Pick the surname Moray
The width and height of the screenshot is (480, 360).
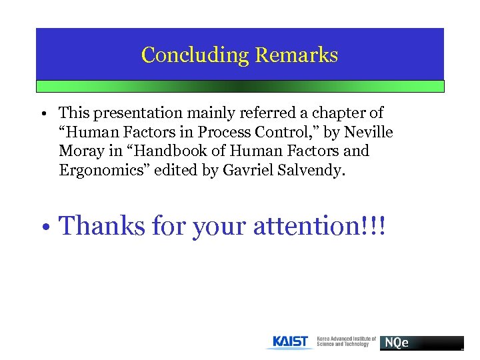[x=79, y=151]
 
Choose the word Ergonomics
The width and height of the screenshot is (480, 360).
[x=103, y=170]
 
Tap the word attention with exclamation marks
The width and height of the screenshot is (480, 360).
[x=319, y=226]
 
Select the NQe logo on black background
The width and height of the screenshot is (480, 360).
[x=421, y=343]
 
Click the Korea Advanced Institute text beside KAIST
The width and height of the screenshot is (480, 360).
[x=345, y=341]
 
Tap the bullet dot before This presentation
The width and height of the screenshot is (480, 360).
[x=42, y=115]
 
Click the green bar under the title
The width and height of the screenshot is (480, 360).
[x=240, y=86]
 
